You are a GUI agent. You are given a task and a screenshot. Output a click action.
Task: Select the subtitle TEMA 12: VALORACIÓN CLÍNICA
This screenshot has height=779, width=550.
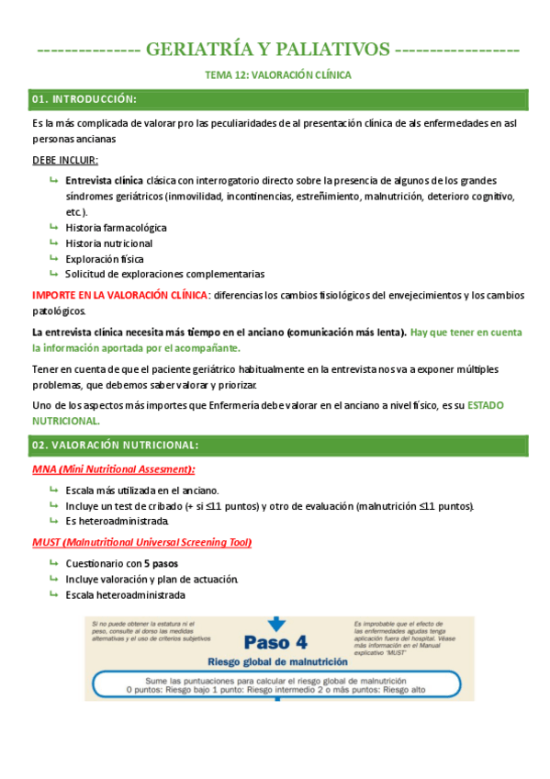(276, 74)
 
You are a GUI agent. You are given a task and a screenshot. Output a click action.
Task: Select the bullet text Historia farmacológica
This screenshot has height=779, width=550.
(116, 227)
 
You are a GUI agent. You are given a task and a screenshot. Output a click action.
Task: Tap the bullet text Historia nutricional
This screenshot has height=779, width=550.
(108, 243)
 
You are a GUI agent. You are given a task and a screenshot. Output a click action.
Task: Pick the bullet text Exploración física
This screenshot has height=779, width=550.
(105, 258)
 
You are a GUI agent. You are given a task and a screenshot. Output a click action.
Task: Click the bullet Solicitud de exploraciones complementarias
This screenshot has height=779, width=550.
(164, 274)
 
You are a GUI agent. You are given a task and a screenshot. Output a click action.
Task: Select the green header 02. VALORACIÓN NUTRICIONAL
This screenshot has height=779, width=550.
(114, 445)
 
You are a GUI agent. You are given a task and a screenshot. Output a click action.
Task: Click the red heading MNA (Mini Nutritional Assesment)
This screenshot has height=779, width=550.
(113, 469)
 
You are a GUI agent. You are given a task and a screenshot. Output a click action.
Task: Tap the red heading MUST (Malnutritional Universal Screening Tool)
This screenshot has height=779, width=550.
(141, 542)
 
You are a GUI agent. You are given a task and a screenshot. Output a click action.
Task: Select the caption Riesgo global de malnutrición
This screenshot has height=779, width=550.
(277, 661)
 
